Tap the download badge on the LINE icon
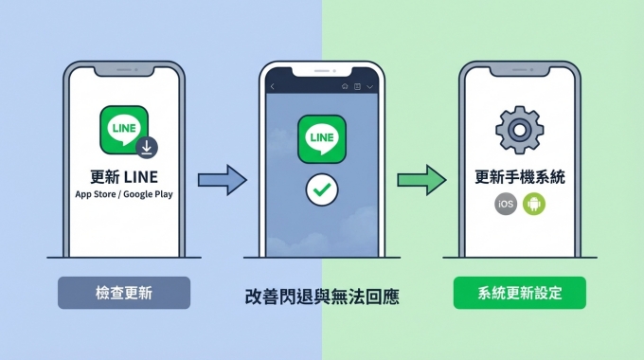coord(147,147)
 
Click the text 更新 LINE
coord(123,176)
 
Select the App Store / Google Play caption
coord(123,194)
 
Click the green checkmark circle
coord(322,189)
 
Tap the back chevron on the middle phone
coord(273,87)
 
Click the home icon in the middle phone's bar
coord(345,87)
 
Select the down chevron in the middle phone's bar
coord(369,87)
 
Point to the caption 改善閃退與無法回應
coord(321,297)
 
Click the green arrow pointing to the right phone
coord(420,178)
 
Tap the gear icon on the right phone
coord(518,130)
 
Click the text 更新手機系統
coord(519,176)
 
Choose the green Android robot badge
coord(533,205)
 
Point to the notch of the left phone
coord(123,72)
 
